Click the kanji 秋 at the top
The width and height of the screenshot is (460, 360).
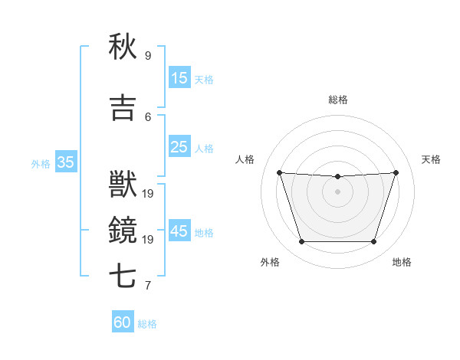point(123,47)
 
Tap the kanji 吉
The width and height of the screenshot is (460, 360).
point(123,109)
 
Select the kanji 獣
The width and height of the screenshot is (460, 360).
point(123,185)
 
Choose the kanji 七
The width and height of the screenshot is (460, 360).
point(123,276)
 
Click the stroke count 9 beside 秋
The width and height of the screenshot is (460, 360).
point(148,55)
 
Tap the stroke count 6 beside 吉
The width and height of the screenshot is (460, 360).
point(148,116)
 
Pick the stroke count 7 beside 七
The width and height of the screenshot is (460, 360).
point(148,286)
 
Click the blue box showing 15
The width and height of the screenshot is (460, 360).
point(179,78)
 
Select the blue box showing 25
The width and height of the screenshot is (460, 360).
point(179,147)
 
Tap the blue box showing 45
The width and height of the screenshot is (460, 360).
point(179,231)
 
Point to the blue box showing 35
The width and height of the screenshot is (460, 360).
point(66,162)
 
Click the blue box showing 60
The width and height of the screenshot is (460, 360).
point(123,322)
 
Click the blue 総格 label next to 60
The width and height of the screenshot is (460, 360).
point(147,324)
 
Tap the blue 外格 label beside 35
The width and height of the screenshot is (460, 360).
point(41,163)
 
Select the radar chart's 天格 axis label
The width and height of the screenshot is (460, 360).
point(431,159)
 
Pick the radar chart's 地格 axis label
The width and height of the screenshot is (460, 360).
point(402,262)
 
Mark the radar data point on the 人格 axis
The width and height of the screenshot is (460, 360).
point(279,172)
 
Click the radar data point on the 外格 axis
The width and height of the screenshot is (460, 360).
point(301,242)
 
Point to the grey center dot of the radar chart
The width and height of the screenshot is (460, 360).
point(337,191)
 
